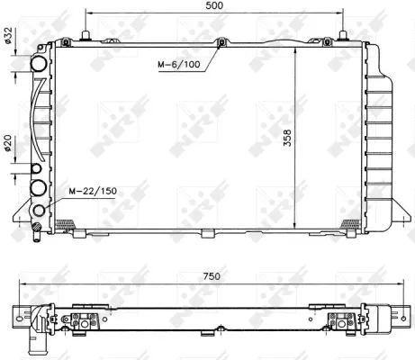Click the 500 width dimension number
click(212, 6)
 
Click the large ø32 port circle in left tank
click(39, 65)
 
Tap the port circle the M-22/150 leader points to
click(39, 212)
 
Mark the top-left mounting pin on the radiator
click(84, 37)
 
